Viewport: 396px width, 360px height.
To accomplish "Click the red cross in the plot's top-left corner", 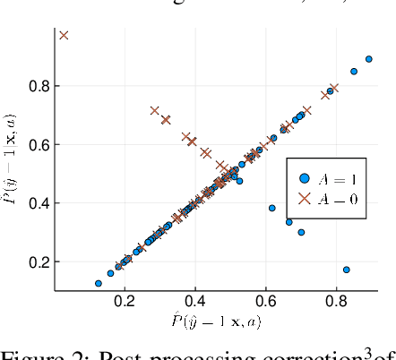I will pyautogui.click(x=64, y=35).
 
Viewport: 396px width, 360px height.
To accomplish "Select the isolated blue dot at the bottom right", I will pyautogui.click(x=347, y=270).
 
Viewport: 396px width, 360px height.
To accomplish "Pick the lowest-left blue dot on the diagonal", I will pyautogui.click(x=99, y=283).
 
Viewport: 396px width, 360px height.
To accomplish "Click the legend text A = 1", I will pyautogui.click(x=350, y=178).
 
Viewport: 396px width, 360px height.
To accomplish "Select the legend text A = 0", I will pyautogui.click(x=350, y=199).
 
